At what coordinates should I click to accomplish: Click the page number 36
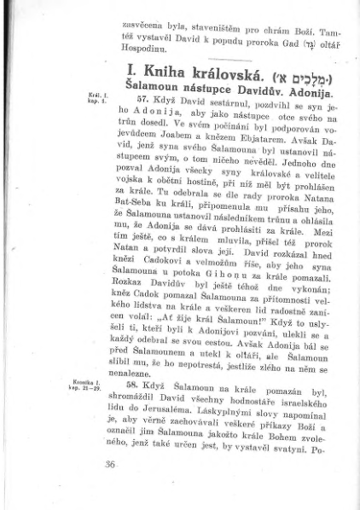click(108, 464)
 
